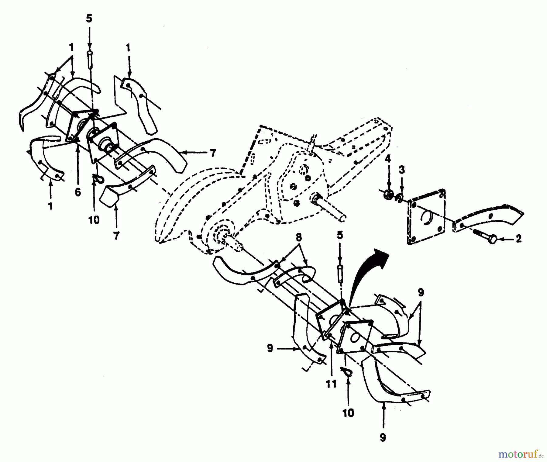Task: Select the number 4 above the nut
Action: (388, 159)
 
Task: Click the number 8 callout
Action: (299, 237)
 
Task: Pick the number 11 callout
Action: (331, 384)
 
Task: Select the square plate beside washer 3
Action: (426, 217)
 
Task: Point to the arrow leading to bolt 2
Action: (506, 240)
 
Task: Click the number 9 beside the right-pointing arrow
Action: (270, 348)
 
